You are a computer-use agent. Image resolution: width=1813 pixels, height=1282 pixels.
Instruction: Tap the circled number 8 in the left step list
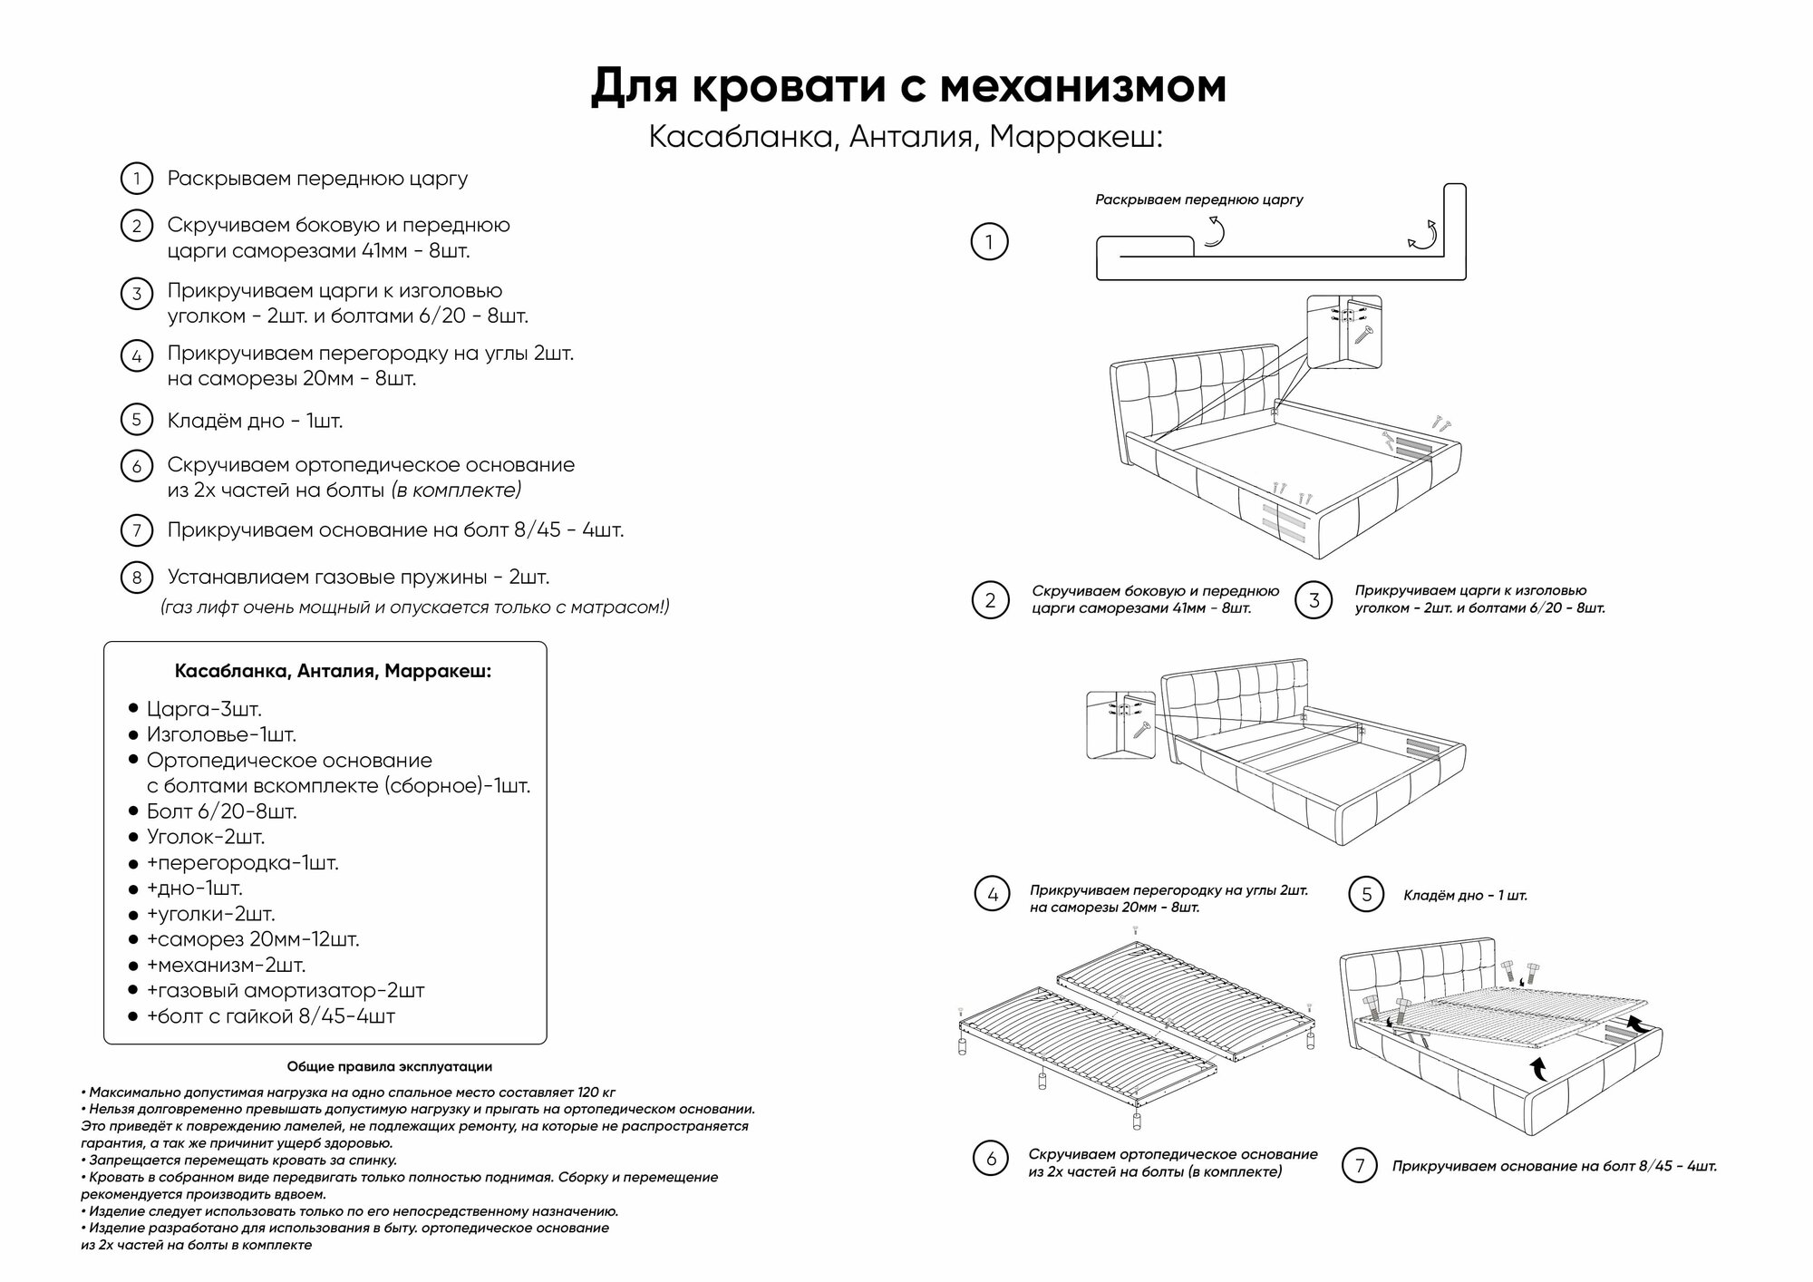pyautogui.click(x=136, y=578)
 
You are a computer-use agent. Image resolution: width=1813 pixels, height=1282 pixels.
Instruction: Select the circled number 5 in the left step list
pyautogui.click(x=136, y=420)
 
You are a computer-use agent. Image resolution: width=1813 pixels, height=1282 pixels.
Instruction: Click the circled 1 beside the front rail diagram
pyautogui.click(x=989, y=242)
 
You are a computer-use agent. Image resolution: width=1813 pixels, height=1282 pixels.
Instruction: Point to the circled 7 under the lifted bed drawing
pyautogui.click(x=1359, y=1166)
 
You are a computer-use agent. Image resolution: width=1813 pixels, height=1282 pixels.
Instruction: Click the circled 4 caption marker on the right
pyautogui.click(x=993, y=894)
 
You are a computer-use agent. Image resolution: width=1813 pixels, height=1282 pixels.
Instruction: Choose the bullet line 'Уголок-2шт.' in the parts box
pyautogui.click(x=206, y=837)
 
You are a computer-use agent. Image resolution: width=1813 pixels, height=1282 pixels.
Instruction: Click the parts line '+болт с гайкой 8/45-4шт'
pyautogui.click(x=271, y=1016)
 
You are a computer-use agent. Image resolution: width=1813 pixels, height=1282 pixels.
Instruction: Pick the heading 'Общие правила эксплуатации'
pyautogui.click(x=390, y=1067)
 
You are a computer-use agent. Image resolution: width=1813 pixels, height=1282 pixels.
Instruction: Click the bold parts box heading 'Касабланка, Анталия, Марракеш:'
pyautogui.click(x=333, y=672)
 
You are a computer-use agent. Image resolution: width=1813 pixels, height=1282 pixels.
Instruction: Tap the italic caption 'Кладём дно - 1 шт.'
pyautogui.click(x=1465, y=896)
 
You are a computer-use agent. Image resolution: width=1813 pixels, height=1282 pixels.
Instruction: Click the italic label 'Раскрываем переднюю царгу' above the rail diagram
pyautogui.click(x=1198, y=199)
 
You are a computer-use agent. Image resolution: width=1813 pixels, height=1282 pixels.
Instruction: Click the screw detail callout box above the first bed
pyautogui.click(x=1343, y=332)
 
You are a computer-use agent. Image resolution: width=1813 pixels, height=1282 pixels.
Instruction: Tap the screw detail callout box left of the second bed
pyautogui.click(x=1120, y=725)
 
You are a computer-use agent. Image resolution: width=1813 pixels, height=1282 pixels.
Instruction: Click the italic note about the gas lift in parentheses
pyautogui.click(x=415, y=607)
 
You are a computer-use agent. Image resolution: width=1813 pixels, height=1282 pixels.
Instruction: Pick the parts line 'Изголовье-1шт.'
pyautogui.click(x=221, y=734)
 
